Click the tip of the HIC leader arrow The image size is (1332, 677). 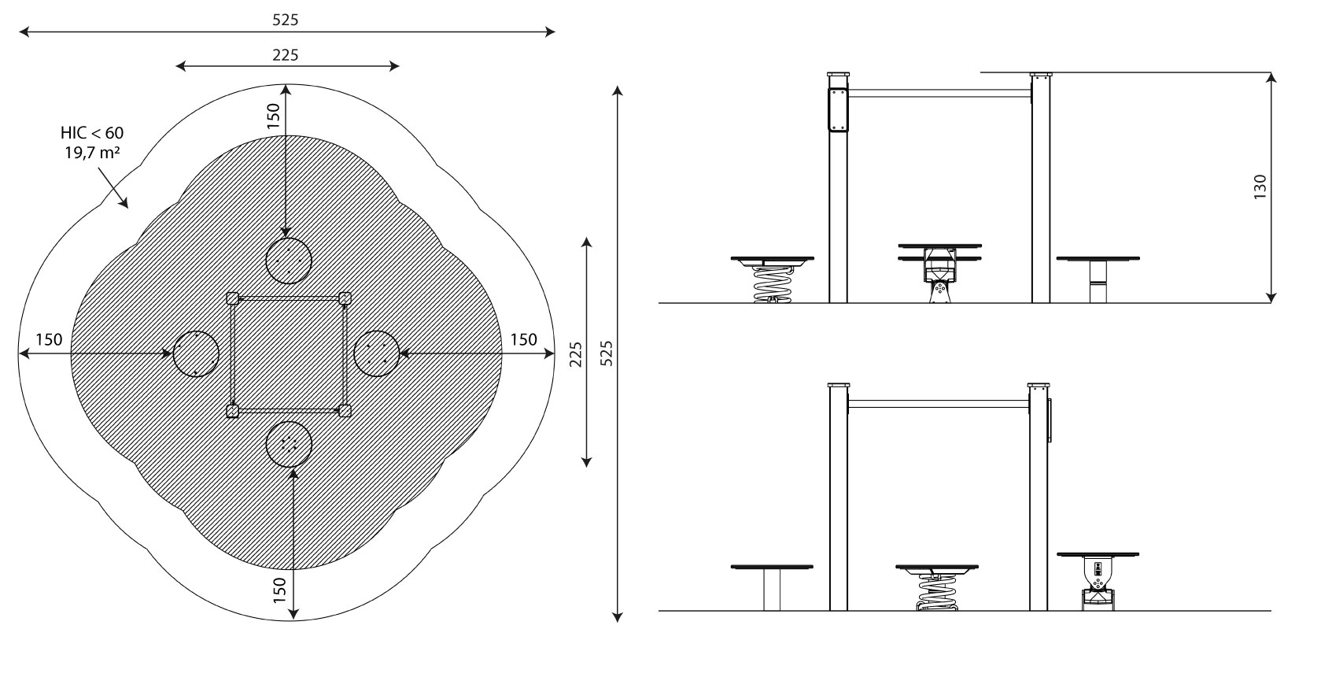[127, 208]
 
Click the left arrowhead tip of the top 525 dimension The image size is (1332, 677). [19, 32]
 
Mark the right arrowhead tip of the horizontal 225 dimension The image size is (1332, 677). [399, 67]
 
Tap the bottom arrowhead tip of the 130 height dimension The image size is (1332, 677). [1271, 302]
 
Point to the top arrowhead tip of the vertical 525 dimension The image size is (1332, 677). [618, 87]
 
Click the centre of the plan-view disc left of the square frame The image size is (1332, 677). [196, 354]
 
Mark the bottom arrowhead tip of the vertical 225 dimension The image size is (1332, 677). [587, 467]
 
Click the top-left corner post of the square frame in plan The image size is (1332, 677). [233, 298]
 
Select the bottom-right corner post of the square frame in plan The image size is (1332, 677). [345, 410]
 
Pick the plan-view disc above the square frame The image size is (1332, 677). [289, 261]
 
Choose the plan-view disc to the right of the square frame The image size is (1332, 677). [376, 353]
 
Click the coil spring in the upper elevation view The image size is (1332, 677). [772, 284]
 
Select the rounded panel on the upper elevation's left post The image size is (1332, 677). [838, 109]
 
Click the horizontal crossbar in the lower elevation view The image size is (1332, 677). [939, 404]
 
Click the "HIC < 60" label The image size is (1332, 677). [92, 133]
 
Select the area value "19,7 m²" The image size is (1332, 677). [92, 153]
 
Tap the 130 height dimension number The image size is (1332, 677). [1260, 187]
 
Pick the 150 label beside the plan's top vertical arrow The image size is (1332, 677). [273, 116]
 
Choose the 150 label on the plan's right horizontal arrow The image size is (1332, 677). [524, 340]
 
